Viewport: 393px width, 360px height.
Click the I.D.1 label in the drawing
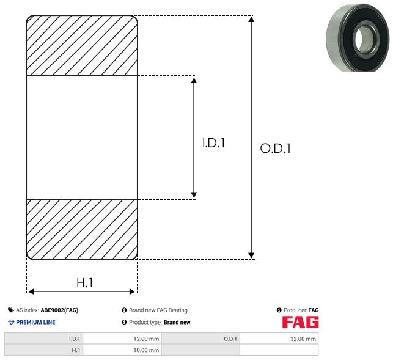click(213, 143)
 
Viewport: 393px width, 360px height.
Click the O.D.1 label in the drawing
click(276, 148)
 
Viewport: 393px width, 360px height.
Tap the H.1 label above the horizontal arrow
click(85, 283)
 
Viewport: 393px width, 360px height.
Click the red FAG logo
click(301, 322)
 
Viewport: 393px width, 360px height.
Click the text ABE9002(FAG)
click(59, 310)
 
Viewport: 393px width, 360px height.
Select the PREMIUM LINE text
click(35, 322)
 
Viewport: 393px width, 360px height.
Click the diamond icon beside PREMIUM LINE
click(11, 322)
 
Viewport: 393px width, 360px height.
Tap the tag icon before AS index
click(11, 310)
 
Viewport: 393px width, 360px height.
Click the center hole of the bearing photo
click(364, 38)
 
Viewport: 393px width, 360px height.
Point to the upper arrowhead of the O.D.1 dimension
click(251, 19)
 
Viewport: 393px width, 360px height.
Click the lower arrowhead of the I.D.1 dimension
click(194, 195)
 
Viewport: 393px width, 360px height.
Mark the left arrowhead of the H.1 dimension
click(31, 292)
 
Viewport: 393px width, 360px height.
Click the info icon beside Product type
click(124, 322)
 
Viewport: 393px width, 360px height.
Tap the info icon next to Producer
click(279, 310)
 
